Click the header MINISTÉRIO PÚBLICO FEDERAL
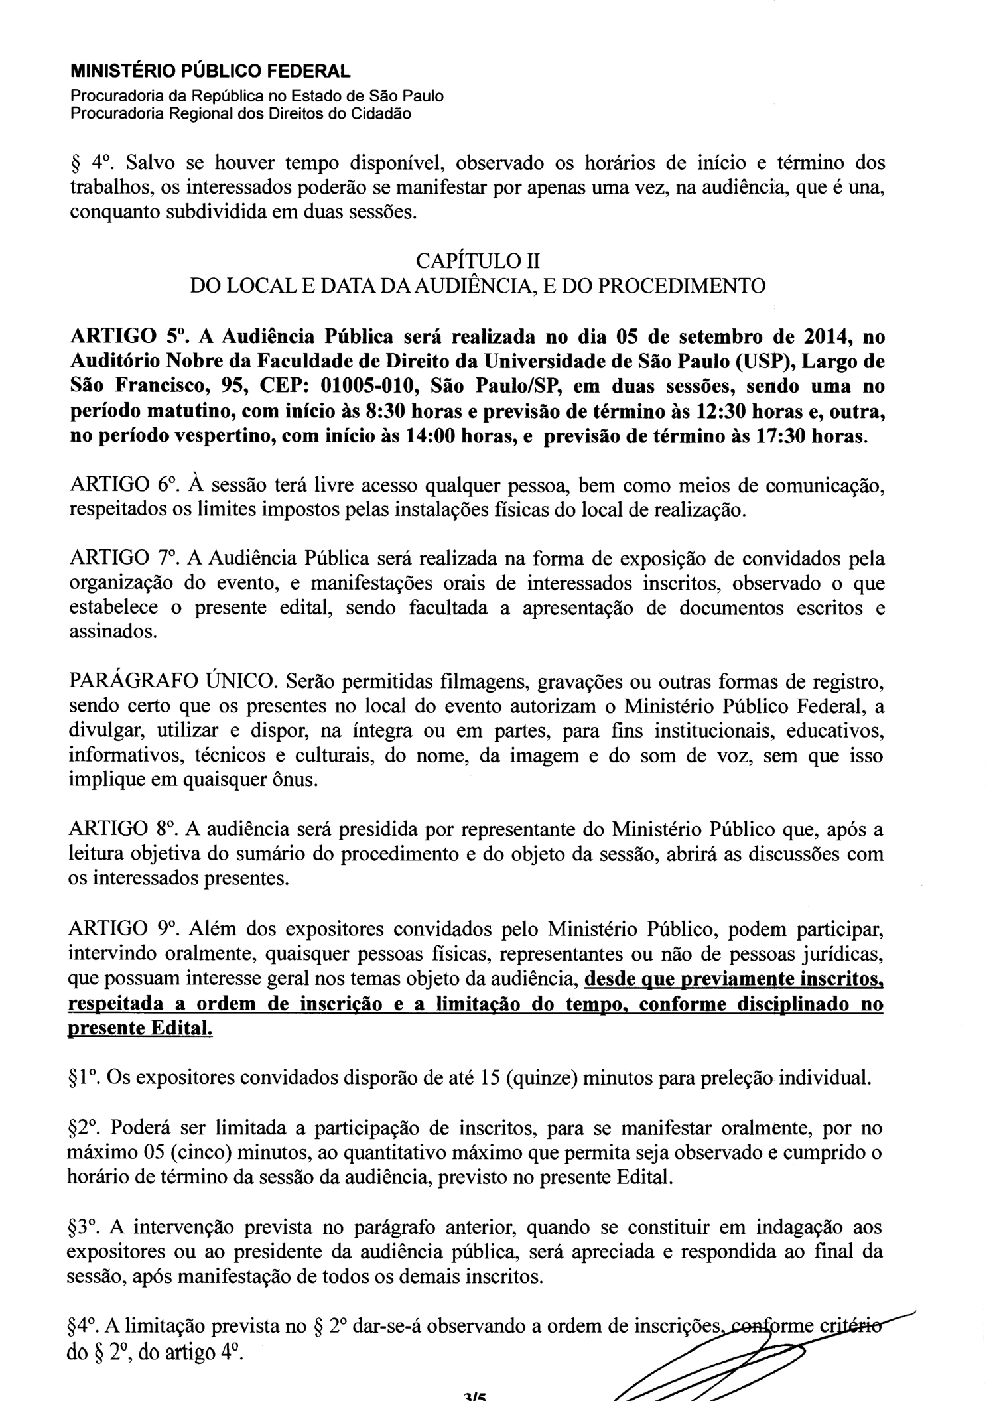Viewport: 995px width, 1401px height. [x=210, y=71]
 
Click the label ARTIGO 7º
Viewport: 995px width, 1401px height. [x=123, y=559]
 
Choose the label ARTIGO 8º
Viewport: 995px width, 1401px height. [x=123, y=829]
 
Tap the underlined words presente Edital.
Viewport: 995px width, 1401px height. [x=141, y=1028]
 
